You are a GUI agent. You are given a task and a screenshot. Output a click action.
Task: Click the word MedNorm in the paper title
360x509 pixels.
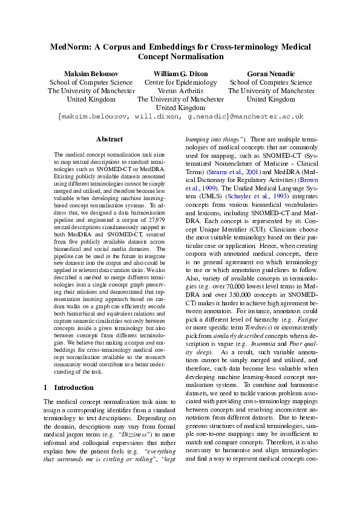point(68,47)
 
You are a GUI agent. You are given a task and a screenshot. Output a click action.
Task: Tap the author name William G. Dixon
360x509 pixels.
point(180,73)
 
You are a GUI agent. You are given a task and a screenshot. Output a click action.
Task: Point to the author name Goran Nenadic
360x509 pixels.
point(271,73)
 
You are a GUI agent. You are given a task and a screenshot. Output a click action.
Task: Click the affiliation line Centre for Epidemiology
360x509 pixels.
point(180,82)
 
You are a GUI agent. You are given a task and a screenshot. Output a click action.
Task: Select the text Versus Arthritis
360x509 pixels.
point(180,91)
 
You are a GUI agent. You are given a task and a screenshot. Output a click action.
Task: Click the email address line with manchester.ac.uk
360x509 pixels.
point(180,116)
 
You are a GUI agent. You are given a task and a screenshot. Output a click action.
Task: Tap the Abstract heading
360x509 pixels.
point(109,139)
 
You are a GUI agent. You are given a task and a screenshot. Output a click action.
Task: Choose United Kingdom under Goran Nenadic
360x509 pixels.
point(271,99)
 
